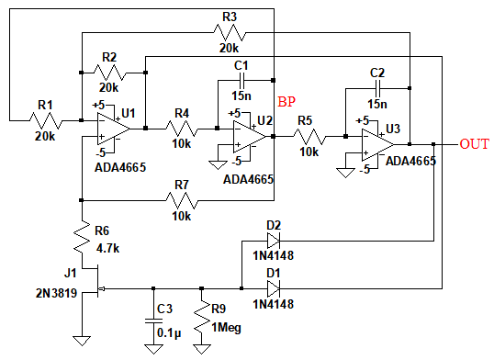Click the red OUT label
(474, 144)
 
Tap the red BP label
(286, 102)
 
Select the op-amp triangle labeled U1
(113, 129)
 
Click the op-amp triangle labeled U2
(250, 137)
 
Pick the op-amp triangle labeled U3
(377, 145)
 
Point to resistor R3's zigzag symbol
(230, 32)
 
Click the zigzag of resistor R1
(46, 120)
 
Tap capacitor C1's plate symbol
(242, 81)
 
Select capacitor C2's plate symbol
(377, 88)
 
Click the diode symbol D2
(273, 241)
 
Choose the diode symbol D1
(273, 288)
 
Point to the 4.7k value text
(107, 249)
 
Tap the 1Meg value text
(226, 328)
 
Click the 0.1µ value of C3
(169, 333)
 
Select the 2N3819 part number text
(56, 293)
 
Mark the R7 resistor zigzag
(182, 200)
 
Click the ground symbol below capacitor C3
(153, 349)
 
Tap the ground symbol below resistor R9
(202, 349)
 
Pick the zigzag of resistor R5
(309, 137)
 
